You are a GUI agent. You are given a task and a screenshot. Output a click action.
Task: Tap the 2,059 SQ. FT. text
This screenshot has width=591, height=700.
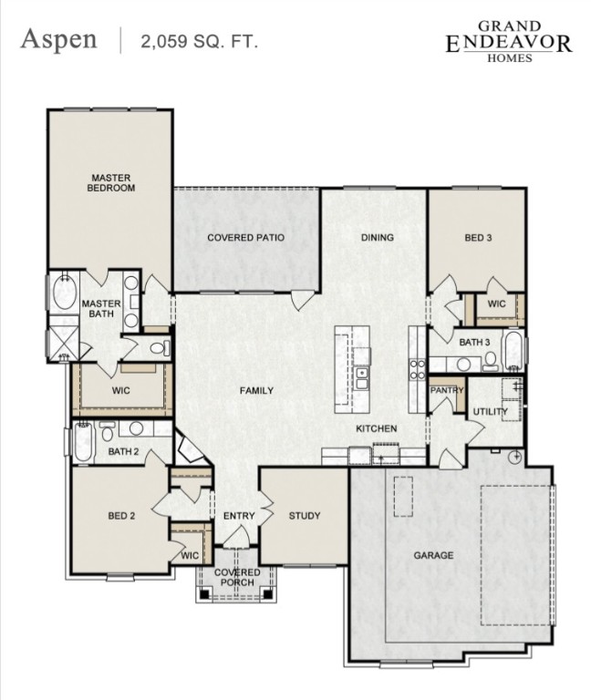[199, 41]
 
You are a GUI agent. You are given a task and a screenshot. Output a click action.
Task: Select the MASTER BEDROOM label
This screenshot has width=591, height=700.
[110, 182]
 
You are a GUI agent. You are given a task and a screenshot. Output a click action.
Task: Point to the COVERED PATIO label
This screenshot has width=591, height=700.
[245, 238]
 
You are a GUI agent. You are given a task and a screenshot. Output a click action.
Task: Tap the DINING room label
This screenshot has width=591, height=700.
[377, 238]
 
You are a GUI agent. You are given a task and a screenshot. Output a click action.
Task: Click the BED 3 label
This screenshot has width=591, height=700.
[478, 238]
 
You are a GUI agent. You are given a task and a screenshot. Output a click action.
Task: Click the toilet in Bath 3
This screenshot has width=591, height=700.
[491, 362]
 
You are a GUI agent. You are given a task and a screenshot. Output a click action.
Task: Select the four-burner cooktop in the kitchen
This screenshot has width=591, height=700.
[417, 369]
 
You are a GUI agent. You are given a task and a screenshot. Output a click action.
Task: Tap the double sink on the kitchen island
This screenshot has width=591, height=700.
[362, 373]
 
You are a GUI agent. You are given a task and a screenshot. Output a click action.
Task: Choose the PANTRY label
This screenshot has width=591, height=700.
[447, 391]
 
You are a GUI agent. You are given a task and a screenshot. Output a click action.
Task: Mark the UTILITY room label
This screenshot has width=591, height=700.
[490, 412]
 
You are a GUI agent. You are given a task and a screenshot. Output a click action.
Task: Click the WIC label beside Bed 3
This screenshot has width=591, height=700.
[496, 304]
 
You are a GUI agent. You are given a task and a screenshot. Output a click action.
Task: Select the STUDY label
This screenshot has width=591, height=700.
[304, 516]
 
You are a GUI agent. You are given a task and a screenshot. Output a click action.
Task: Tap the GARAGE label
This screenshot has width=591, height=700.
[433, 555]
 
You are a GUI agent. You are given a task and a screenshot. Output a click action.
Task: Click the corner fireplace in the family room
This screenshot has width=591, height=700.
[190, 450]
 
